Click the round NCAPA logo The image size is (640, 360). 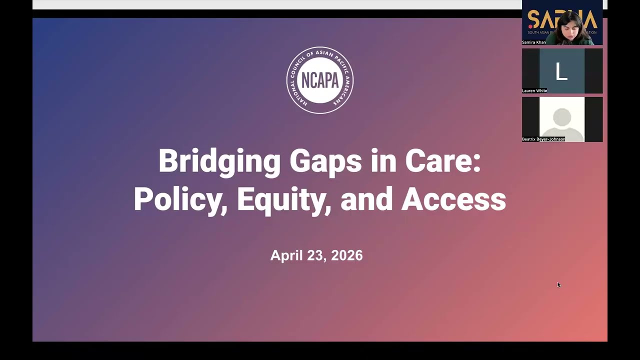click(320, 80)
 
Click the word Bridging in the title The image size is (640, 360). click(219, 162)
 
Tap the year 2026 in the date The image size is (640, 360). click(346, 255)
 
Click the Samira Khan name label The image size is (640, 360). click(534, 42)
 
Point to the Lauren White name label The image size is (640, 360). click(534, 91)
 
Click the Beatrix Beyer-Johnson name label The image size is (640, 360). click(543, 139)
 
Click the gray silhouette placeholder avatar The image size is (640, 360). click(562, 119)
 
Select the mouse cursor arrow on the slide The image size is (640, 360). click(558, 284)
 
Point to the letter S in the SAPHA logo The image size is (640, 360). click(534, 20)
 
